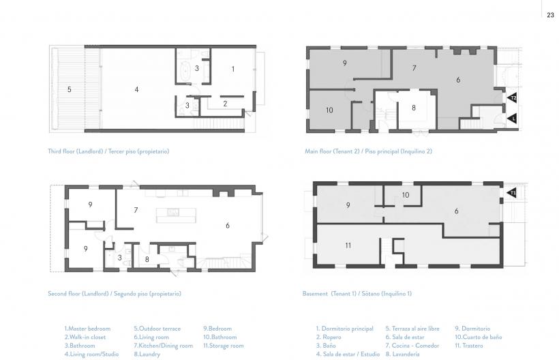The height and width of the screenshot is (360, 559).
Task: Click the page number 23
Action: [550, 15]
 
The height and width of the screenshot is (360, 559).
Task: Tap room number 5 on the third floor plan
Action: [69, 89]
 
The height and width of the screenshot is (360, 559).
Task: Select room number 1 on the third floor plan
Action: [232, 69]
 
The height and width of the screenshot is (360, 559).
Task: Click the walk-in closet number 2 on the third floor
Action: [225, 104]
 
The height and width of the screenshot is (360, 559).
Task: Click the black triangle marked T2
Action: [511, 97]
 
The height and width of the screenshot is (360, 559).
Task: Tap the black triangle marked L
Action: [511, 118]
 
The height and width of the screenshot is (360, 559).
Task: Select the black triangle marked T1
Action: [511, 193]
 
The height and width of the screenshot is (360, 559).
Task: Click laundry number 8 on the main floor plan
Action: [414, 108]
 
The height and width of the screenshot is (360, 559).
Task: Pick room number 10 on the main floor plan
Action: [329, 110]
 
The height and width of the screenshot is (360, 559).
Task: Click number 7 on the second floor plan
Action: [136, 210]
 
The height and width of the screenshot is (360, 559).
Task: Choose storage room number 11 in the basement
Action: [348, 245]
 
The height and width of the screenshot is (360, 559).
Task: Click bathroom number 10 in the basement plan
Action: [406, 195]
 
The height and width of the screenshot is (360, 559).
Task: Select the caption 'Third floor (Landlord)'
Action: [76, 151]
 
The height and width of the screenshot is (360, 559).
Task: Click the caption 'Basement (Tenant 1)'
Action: [329, 294]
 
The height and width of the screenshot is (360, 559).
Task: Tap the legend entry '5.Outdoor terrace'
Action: [157, 329]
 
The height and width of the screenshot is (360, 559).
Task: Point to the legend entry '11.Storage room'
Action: [224, 346]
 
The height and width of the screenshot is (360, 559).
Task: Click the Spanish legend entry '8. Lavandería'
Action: [402, 355]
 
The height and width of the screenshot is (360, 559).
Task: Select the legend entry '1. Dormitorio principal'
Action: [345, 329]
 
